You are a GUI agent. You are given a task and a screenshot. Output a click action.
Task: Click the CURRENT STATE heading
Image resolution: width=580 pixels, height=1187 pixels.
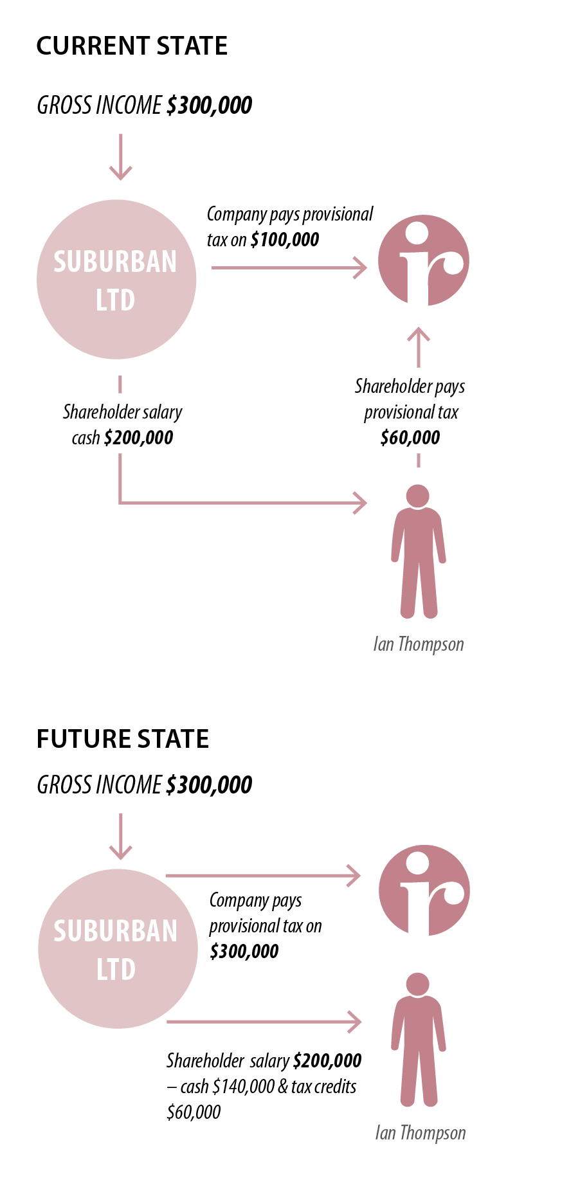pyautogui.click(x=132, y=46)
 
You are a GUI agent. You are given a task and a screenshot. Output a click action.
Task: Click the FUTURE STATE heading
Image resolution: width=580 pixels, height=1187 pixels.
pyautogui.click(x=123, y=739)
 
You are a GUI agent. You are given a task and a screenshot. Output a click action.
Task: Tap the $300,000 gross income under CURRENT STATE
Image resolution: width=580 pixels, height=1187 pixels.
pyautogui.click(x=209, y=105)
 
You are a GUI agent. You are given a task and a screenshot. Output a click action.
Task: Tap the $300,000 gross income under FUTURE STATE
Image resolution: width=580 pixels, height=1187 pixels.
pyautogui.click(x=209, y=785)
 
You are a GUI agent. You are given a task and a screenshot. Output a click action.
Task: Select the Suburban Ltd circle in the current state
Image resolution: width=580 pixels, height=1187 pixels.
pyautogui.click(x=116, y=280)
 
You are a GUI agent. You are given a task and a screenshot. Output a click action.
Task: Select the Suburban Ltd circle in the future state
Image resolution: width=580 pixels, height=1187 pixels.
pyautogui.click(x=118, y=949)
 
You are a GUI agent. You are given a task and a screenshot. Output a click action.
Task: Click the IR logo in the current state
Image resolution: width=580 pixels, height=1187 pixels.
pyautogui.click(x=423, y=260)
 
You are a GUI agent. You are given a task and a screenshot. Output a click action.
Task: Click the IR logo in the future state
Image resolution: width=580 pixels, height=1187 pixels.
pyautogui.click(x=424, y=891)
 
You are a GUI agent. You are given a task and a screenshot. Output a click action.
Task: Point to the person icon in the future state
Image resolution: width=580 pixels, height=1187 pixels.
pyautogui.click(x=418, y=1039)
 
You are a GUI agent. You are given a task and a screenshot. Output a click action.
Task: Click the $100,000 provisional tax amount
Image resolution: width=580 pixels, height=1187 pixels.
pyautogui.click(x=285, y=240)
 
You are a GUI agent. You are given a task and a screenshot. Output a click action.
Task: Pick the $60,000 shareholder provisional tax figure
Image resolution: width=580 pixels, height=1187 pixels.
pyautogui.click(x=410, y=438)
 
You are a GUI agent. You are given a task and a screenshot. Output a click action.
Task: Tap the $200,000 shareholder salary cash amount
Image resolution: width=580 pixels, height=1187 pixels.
pyautogui.click(x=138, y=438)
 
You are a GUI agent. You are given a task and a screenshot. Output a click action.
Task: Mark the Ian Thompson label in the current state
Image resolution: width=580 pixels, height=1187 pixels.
pyautogui.click(x=418, y=644)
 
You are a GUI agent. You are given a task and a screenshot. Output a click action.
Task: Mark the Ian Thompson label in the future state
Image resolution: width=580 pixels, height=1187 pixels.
pyautogui.click(x=420, y=1133)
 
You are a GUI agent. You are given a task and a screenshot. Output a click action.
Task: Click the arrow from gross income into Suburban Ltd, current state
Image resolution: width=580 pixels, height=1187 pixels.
pyautogui.click(x=120, y=158)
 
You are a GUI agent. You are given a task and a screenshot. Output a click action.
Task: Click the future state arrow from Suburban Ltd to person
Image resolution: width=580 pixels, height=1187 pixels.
pyautogui.click(x=264, y=1021)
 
